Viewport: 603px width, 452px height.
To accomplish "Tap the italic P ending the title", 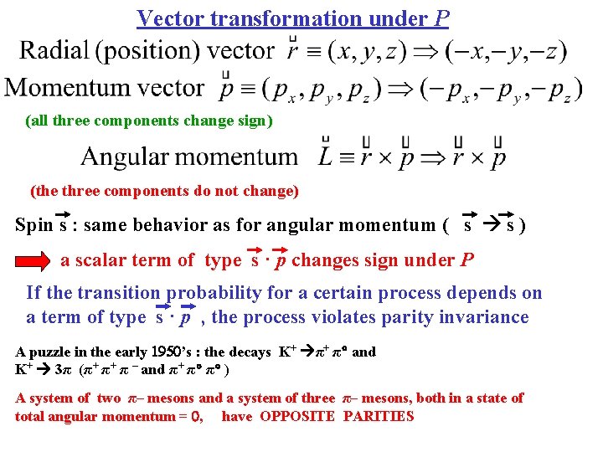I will (x=442, y=18).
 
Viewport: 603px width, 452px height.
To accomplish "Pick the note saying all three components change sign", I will (x=149, y=121).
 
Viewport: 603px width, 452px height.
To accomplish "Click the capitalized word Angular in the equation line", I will (x=125, y=157).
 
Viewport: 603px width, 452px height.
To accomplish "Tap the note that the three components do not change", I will (x=164, y=191).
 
